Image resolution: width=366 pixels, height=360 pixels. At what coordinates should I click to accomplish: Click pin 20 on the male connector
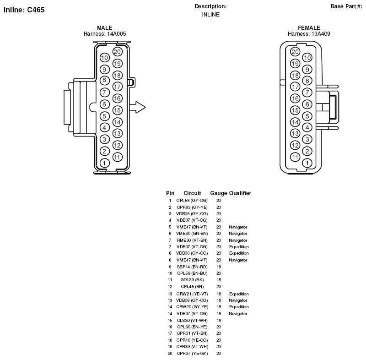click(x=117, y=52)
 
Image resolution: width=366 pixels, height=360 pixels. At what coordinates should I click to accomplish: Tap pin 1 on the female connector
click(x=307, y=163)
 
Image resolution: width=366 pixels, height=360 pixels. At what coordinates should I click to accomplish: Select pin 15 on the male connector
click(x=117, y=110)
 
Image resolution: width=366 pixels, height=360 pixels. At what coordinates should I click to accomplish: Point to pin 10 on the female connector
click(x=307, y=58)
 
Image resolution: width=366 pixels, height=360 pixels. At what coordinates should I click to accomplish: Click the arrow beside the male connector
click(x=138, y=108)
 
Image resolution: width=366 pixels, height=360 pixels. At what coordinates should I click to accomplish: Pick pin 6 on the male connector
click(x=104, y=104)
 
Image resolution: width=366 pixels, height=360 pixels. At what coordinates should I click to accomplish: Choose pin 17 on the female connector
click(x=295, y=87)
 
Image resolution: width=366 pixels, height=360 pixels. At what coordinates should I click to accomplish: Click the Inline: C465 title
click(x=24, y=10)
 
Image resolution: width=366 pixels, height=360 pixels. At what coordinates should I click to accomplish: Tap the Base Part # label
click(x=346, y=6)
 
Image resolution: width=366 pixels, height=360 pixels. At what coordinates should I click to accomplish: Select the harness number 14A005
click(x=117, y=34)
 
